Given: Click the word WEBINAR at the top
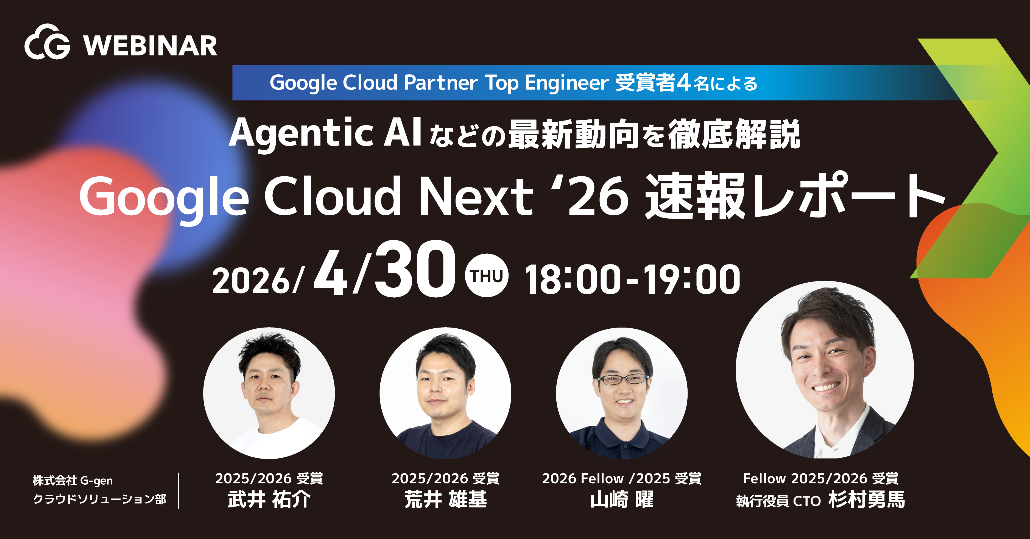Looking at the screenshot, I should tap(150, 46).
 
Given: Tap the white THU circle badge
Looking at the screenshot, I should tap(486, 276).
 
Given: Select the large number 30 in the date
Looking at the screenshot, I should tap(414, 270).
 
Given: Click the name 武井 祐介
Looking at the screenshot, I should tap(269, 500).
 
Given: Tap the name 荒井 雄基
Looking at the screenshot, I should tap(445, 500).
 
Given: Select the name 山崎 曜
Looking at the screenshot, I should tap(622, 500).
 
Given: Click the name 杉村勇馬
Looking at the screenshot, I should tap(866, 500).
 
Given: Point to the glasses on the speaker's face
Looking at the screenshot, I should tap(623, 379).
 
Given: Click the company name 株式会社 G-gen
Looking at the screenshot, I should tap(73, 481).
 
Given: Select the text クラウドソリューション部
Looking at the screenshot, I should tap(99, 499).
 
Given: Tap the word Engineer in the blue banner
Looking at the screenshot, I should tap(566, 83).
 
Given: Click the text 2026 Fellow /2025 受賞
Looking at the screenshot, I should tap(621, 479).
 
